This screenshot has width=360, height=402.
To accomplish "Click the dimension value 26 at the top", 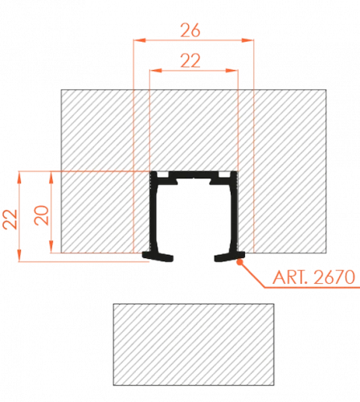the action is (x=190, y=31).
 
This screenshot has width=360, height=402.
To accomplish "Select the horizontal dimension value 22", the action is (x=190, y=60).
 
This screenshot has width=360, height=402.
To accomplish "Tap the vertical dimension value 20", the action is (x=42, y=215).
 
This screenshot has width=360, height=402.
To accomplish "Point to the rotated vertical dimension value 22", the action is (x=10, y=219).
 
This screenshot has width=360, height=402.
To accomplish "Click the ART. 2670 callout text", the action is (x=313, y=277).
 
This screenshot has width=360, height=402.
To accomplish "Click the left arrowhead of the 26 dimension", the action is (x=139, y=40).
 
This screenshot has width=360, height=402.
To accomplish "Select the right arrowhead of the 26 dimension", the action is (x=247, y=40).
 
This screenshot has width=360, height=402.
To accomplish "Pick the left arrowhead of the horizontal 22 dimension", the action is (x=156, y=71).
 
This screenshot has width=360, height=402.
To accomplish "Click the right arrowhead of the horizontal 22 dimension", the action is (x=231, y=71).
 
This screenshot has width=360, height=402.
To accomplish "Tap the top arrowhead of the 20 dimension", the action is (x=51, y=178).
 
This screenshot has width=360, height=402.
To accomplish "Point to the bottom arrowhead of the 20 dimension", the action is (x=51, y=247).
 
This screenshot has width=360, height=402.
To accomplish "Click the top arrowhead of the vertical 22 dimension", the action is (x=19, y=178).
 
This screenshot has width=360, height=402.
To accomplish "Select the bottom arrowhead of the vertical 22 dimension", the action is (x=19, y=255).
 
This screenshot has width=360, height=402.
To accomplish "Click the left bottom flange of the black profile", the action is (x=157, y=256).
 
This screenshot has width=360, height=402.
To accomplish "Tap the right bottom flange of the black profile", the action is (x=230, y=256).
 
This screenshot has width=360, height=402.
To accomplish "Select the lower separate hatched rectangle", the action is (x=194, y=344).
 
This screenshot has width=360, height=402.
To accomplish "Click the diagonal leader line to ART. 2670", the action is (x=252, y=274).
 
